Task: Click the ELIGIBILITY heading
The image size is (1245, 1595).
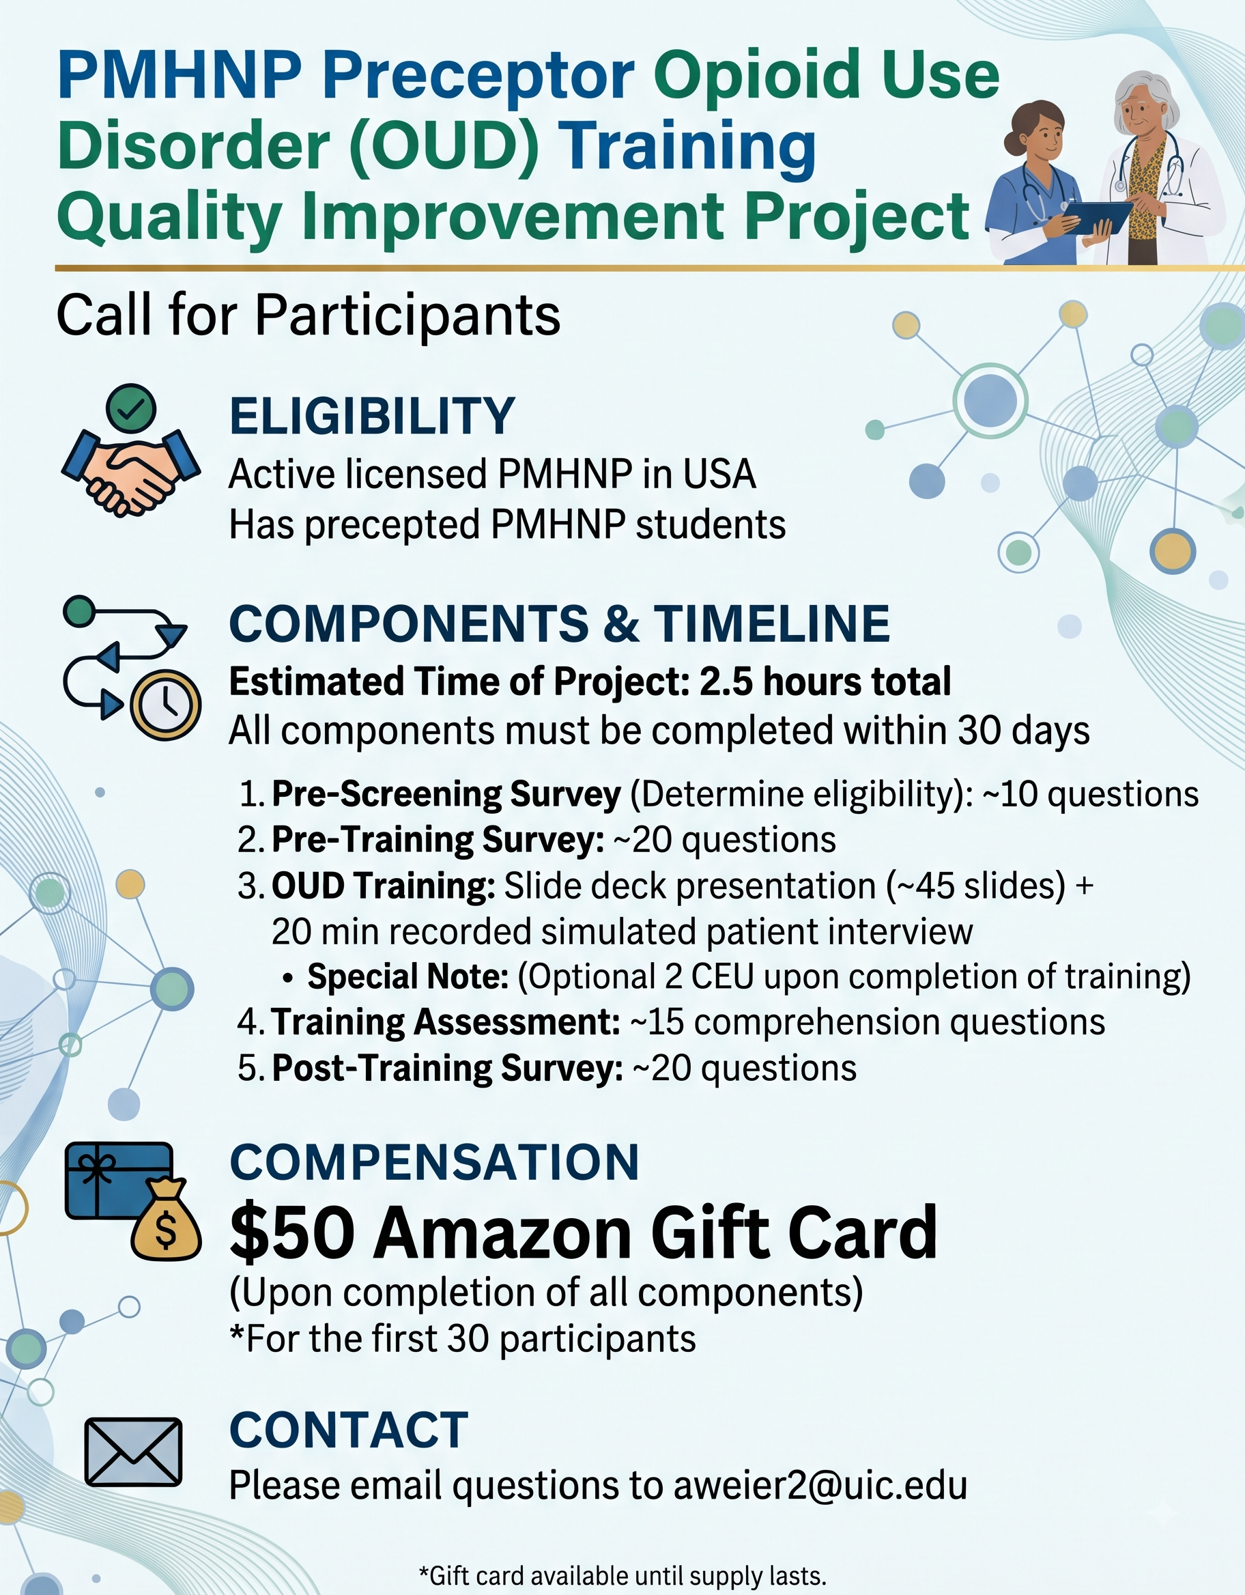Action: click(373, 417)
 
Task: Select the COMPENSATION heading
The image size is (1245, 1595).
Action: click(435, 1162)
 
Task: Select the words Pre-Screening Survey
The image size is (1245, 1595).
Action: click(446, 794)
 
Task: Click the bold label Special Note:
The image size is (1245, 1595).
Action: click(408, 976)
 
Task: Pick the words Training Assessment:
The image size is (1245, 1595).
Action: click(446, 1021)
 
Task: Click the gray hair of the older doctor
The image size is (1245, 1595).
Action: click(1146, 96)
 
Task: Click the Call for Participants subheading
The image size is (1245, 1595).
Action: click(308, 316)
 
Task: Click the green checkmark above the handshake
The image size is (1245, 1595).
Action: click(130, 410)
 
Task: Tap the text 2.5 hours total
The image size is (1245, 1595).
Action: click(826, 681)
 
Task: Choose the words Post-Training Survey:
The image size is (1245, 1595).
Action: click(448, 1068)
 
